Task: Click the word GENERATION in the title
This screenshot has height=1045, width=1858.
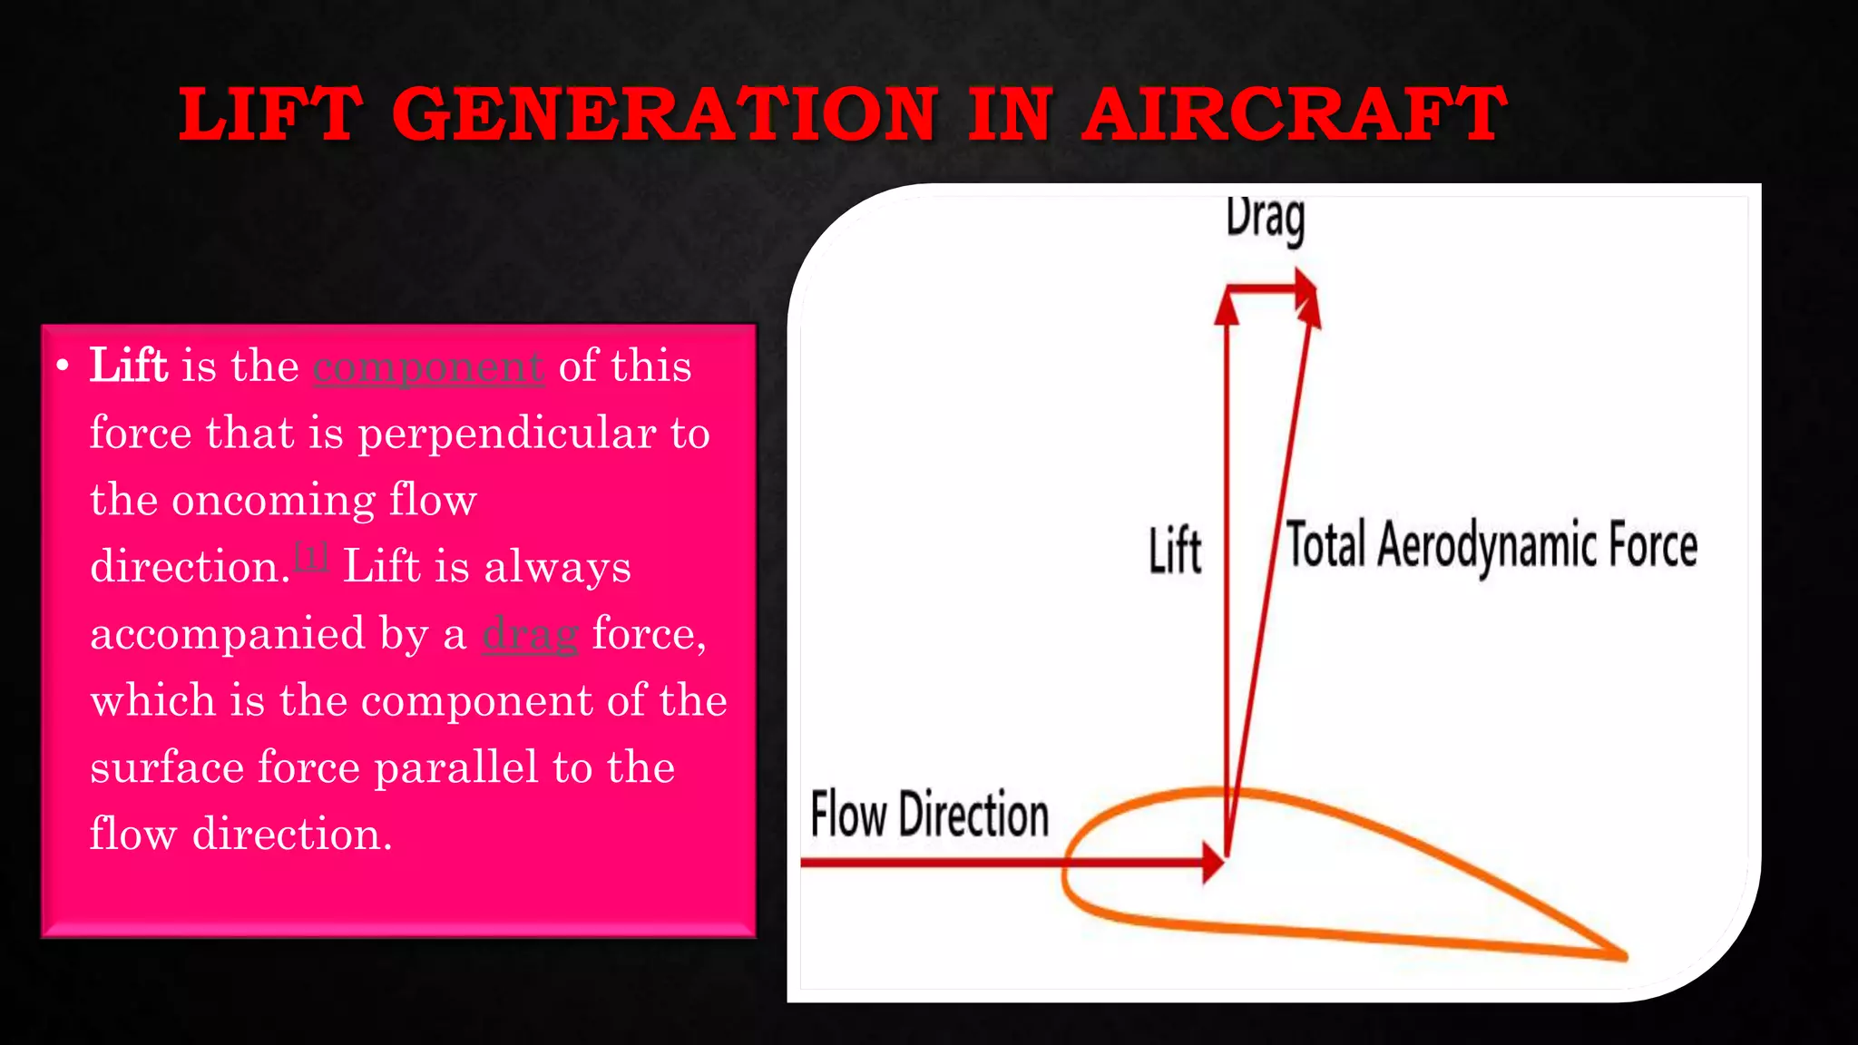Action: click(664, 114)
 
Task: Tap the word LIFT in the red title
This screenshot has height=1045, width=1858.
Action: click(269, 114)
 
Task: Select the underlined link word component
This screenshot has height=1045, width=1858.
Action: click(428, 366)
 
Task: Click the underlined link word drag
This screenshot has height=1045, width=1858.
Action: click(530, 634)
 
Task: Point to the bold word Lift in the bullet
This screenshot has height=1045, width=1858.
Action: click(128, 366)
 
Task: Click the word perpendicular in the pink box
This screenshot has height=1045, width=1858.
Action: click(507, 433)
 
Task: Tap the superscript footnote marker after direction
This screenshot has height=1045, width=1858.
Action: click(311, 555)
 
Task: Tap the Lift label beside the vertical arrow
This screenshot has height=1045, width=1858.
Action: click(1174, 550)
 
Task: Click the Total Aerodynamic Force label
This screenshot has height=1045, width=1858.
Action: click(1491, 546)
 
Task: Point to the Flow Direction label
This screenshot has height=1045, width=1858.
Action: click(929, 814)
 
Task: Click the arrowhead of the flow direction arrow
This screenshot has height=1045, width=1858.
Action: click(1213, 862)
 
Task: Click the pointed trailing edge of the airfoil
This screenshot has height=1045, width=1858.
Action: click(1621, 954)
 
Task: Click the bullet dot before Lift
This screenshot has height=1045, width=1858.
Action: click(62, 366)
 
